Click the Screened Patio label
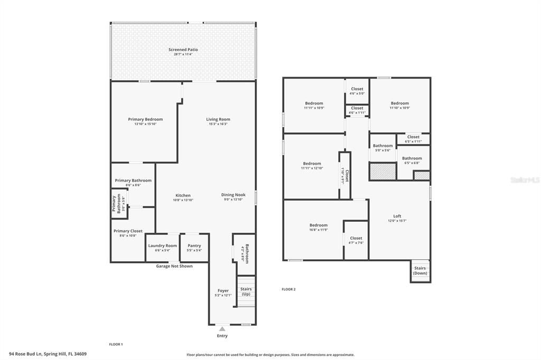tap(183, 50)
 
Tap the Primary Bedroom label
tap(145, 119)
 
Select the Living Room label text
tap(218, 119)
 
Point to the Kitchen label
tap(183, 195)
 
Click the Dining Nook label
tap(233, 195)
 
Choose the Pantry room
tap(194, 248)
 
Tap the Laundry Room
tap(162, 248)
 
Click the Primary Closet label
tap(128, 231)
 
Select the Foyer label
tap(223, 291)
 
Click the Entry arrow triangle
tap(222, 329)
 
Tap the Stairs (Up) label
tap(246, 291)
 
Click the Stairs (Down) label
tap(420, 271)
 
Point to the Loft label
tap(397, 216)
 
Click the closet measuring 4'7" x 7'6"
tap(356, 240)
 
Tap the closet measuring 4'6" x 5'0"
tap(357, 91)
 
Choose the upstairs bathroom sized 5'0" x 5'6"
tap(382, 148)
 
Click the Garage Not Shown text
tap(174, 266)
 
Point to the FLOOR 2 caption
tap(288, 289)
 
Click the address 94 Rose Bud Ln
tap(48, 354)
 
